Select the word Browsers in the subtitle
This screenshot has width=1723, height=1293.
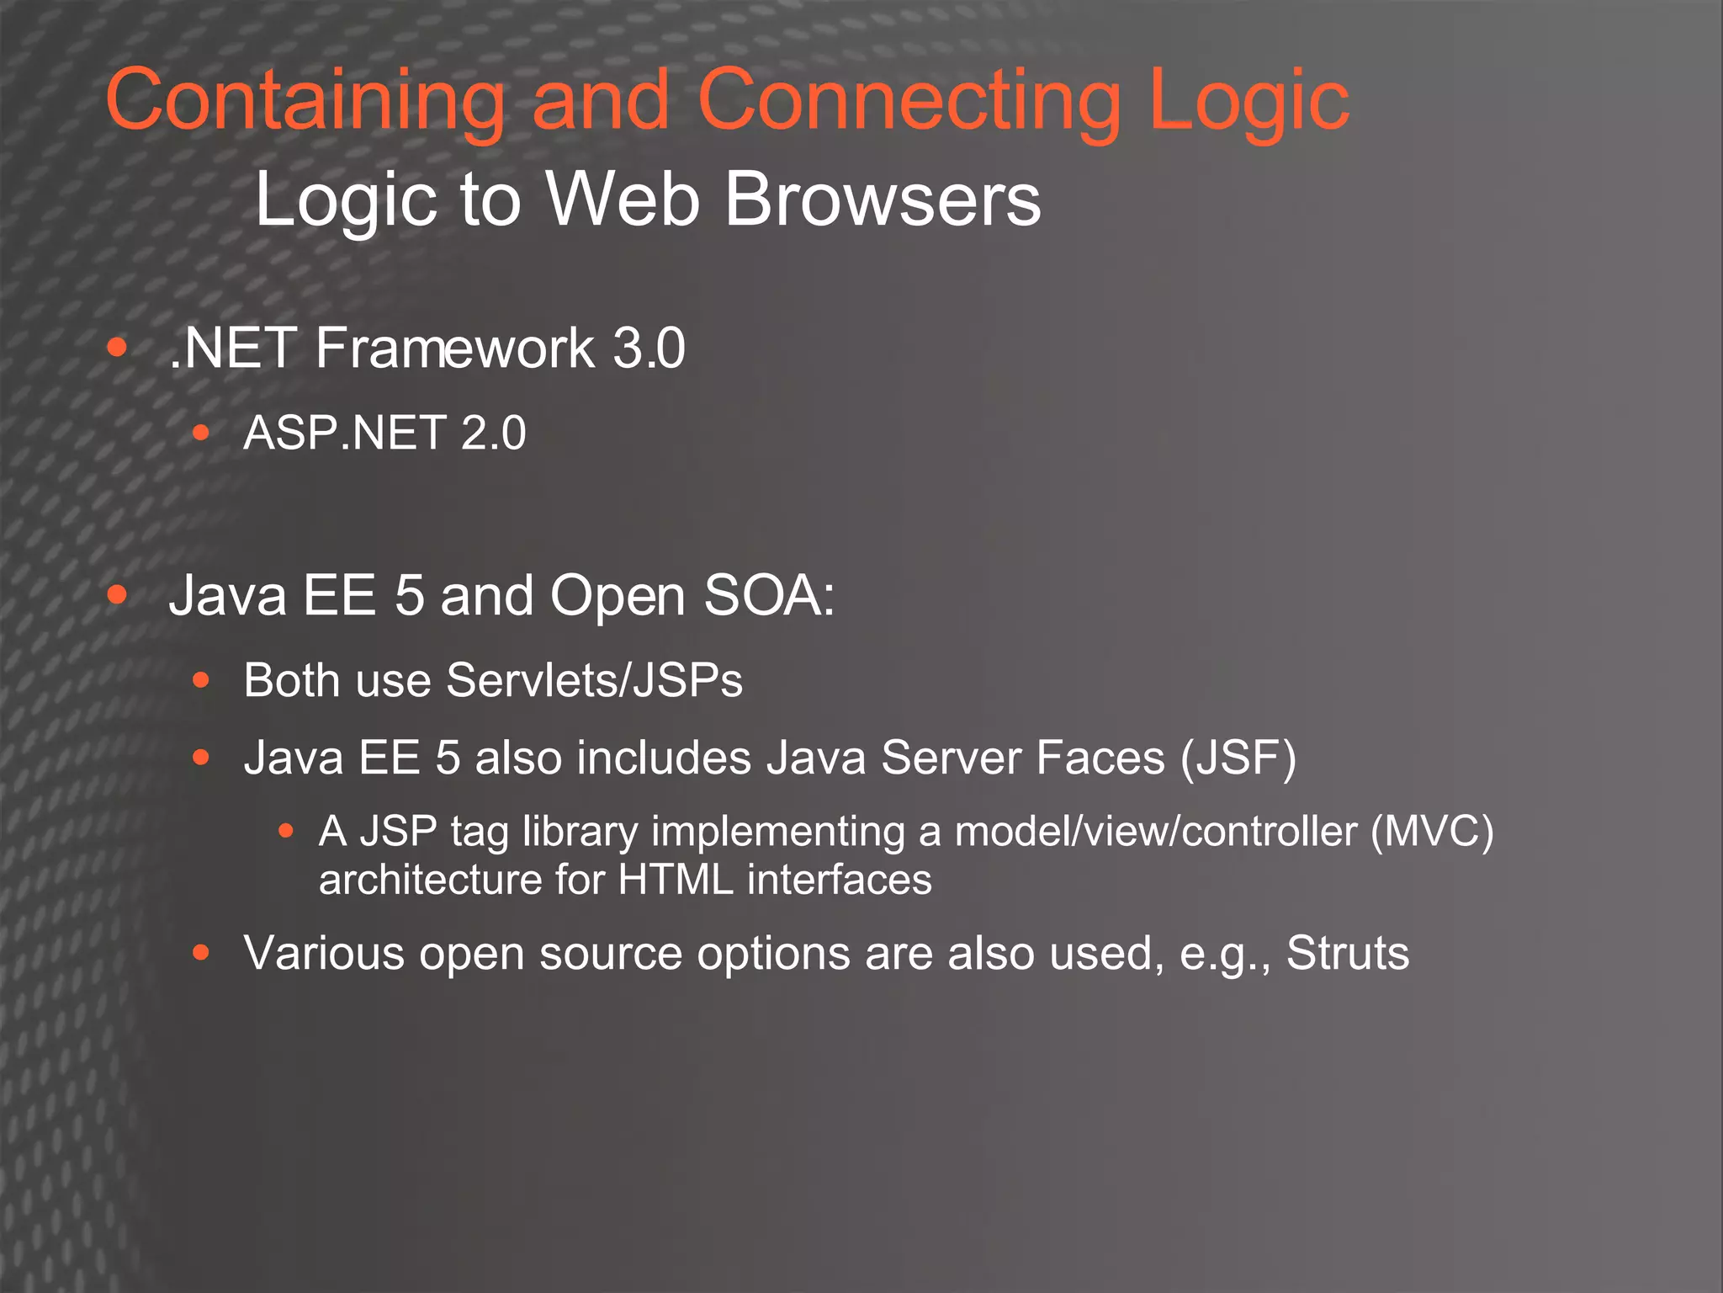pos(883,200)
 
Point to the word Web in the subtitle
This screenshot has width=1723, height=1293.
pos(623,200)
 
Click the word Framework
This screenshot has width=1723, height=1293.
pos(454,348)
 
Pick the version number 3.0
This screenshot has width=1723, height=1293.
pos(649,348)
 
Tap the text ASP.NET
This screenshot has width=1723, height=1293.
pos(344,433)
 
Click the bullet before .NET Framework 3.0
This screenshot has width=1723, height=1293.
pos(117,347)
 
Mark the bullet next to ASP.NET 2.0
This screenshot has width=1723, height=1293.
pos(200,433)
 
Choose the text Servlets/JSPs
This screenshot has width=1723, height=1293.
pos(594,680)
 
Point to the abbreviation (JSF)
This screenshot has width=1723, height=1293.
pos(1238,758)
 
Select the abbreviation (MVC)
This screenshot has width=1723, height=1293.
pos(1432,832)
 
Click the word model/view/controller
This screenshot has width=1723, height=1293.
pos(1156,832)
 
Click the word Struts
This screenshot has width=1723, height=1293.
pos(1347,953)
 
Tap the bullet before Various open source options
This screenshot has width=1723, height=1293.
pos(200,953)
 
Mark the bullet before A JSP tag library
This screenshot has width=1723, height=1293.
pos(286,832)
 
